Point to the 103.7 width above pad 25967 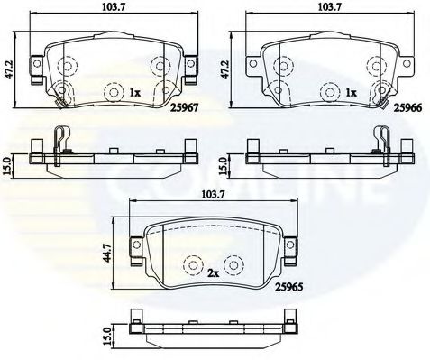point(109,9)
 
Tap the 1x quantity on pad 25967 point(137,92)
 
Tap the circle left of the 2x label point(192,266)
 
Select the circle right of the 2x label point(234,266)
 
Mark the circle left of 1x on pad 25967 point(114,92)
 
